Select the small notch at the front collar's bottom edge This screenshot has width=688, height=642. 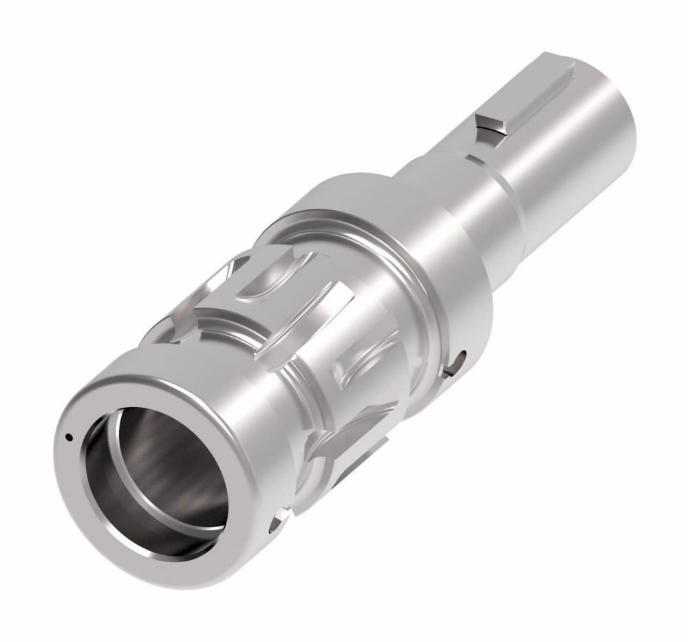click(279, 517)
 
